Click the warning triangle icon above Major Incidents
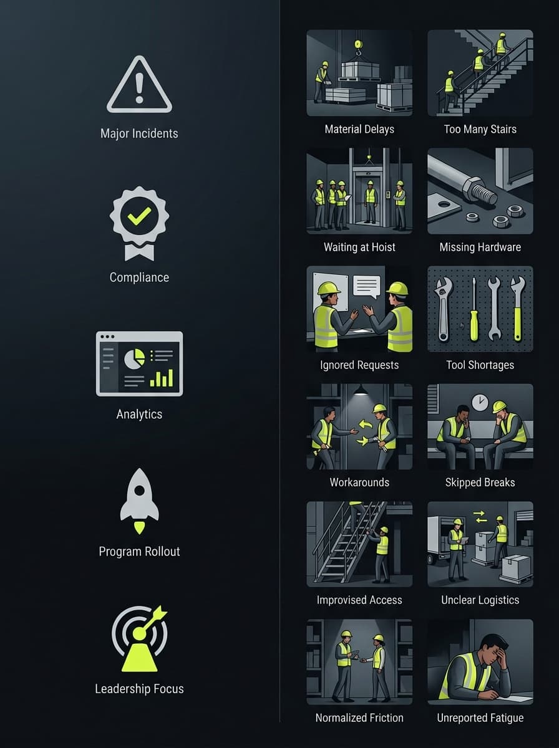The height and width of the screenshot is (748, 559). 139,85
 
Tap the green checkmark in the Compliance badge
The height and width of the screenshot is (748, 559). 139,216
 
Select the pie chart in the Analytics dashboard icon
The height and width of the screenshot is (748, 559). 134,358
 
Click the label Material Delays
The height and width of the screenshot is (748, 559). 359,129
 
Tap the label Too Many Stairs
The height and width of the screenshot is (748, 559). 480,129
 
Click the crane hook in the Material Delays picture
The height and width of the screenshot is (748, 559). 357,48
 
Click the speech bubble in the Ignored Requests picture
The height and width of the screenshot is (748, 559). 367,287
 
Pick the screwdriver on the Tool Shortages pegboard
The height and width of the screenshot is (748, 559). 474,309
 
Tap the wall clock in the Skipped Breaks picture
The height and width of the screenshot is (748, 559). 480,403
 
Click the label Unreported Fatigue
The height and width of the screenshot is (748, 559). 480,718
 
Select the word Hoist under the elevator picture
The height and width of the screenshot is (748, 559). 384,247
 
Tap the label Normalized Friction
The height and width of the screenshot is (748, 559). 359,718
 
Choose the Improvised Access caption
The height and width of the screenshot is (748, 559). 359,600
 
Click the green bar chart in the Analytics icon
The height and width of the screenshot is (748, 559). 162,378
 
